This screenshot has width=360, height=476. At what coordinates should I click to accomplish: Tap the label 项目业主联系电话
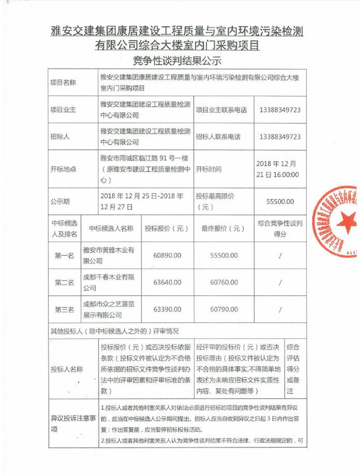pos(222,109)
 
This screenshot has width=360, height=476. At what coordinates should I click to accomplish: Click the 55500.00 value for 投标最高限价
pos(280,201)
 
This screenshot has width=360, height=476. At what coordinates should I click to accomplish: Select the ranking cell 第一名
pos(64,255)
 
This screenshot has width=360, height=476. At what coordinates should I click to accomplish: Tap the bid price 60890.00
pos(167,255)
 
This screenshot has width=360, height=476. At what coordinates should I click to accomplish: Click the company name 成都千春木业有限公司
pos(108,282)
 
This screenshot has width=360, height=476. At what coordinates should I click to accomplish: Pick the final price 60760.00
pos(224,282)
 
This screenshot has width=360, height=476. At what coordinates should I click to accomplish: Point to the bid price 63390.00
pos(167,309)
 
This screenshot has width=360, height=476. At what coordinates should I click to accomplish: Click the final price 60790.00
pos(224,309)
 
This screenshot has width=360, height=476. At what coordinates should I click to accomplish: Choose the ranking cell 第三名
pos(64,309)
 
